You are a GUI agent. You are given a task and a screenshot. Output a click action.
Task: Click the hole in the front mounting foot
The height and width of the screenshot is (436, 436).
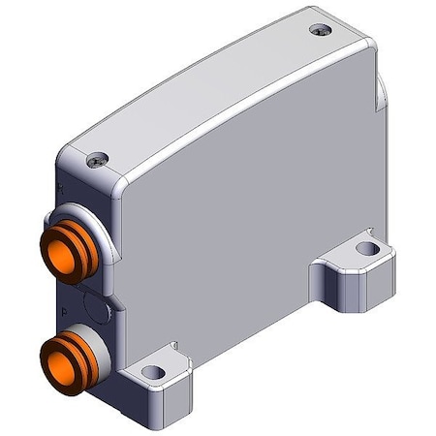pos(150,370)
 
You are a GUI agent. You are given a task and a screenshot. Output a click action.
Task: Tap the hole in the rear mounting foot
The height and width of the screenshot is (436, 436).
pos(364,249)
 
